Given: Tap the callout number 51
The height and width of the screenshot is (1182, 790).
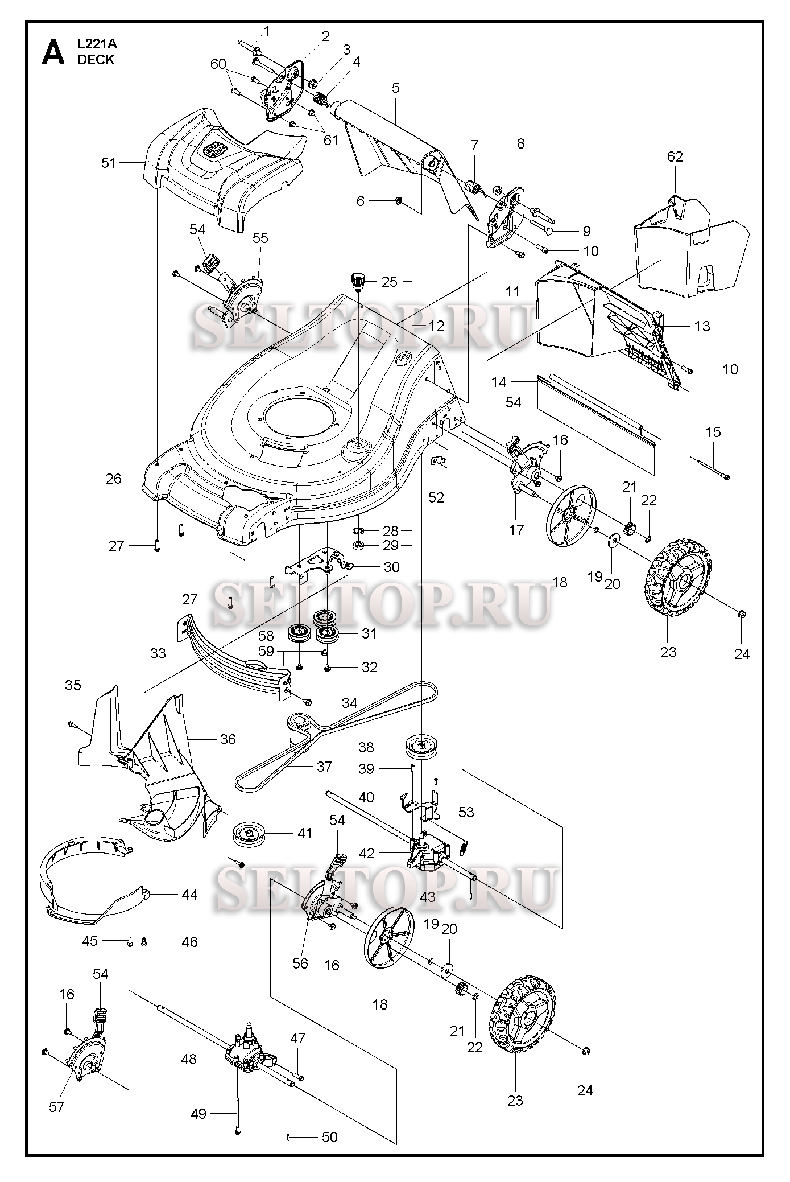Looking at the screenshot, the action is pos(109,163).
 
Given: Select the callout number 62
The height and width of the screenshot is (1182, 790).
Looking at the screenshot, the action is pos(675,156).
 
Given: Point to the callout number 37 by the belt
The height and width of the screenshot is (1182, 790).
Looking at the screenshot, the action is pos(324,767).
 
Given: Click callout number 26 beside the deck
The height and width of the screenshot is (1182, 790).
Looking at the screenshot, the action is pos(114,479).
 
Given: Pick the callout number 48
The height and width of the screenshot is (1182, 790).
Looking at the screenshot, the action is pos(189,1059).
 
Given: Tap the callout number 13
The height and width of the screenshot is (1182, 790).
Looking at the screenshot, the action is pos(702,326).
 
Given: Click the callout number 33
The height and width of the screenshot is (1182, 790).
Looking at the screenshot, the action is pos(158,653).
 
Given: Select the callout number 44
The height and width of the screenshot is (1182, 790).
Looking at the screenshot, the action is pos(189,895).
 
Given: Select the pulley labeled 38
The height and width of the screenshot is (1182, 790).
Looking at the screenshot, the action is pos(421,747).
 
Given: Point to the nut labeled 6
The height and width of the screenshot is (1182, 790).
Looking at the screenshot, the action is pos(399,200).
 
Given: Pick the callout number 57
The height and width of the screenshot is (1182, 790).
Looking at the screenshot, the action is pos(57,1107).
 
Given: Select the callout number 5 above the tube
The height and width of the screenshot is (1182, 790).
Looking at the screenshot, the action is pos(396,88).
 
